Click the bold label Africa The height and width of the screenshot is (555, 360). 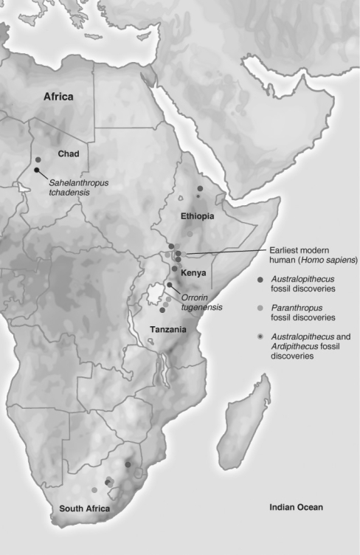tap(59, 97)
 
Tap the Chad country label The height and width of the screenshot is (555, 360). tap(68, 154)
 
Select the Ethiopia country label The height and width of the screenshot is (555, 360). tap(197, 217)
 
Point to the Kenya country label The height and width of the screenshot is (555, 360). tap(193, 271)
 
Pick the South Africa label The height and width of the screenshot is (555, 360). tap(85, 510)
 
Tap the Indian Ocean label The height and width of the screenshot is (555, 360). tap(296, 507)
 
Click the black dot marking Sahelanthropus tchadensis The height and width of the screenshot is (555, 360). tap(37, 170)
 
